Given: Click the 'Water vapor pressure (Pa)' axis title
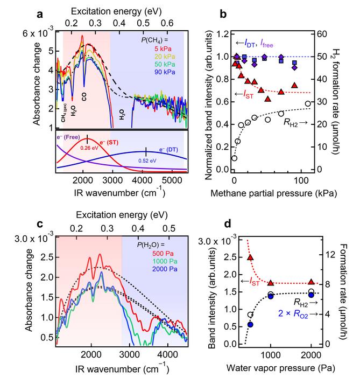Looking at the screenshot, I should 274,370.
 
